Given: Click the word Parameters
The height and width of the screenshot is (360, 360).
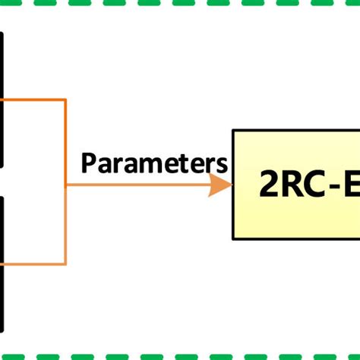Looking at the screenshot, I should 154,163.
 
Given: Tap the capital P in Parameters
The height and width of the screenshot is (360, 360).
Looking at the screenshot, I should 88,163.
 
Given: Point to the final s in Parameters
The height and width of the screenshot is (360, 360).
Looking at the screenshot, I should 221,164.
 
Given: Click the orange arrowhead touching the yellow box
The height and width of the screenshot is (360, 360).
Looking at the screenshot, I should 220,185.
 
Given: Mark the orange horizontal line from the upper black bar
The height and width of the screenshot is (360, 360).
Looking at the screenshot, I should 34,99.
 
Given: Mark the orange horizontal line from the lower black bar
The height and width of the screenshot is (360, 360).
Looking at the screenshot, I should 34,264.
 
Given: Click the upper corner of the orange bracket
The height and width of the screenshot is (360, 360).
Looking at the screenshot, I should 66,99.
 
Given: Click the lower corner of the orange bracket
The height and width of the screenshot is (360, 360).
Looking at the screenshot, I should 66,264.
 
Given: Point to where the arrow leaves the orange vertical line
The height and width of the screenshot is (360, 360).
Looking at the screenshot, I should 67,185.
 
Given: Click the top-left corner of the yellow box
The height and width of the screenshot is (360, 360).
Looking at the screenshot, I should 234,131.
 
